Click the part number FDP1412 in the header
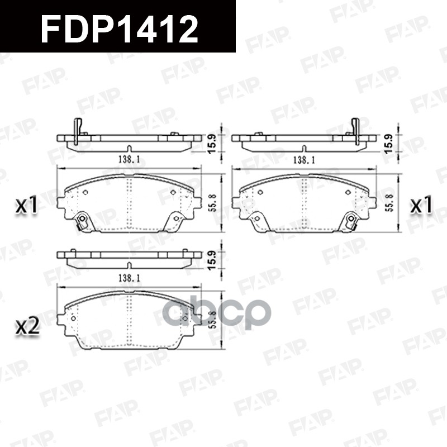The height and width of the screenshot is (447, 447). [120, 27]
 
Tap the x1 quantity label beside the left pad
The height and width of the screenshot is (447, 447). [26, 206]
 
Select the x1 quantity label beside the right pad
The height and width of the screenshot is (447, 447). [422, 206]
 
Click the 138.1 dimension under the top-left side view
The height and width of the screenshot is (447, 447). [128, 160]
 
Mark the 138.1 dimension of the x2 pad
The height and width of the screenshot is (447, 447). [128, 277]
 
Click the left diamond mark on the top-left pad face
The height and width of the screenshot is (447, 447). [85, 192]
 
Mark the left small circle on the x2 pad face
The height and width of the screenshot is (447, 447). [73, 318]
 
